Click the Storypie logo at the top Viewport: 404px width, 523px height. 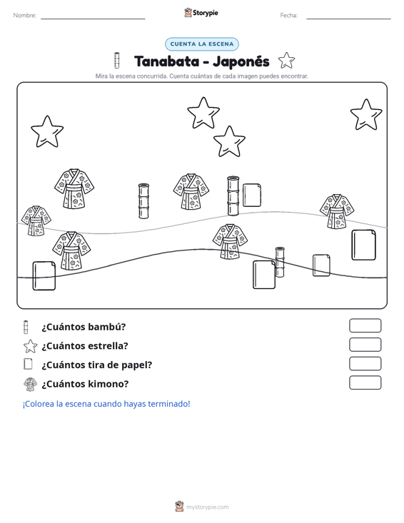[201, 13]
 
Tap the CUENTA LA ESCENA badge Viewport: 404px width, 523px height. [202, 44]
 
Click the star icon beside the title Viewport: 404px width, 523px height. [286, 61]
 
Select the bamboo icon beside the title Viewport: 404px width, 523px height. [117, 61]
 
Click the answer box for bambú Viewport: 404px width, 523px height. [365, 325]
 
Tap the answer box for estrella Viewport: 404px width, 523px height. [365, 345]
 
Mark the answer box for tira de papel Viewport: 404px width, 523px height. [365, 364]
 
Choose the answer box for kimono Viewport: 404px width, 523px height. [365, 382]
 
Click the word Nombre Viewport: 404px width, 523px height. [25, 16]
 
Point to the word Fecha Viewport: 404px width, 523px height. [289, 16]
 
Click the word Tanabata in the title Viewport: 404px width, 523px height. [166, 61]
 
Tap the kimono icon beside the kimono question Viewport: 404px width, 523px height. [31, 384]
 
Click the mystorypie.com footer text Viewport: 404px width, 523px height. [207, 507]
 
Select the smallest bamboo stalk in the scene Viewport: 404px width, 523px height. [280, 262]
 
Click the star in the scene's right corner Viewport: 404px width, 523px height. [366, 115]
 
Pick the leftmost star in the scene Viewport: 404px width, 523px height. [47, 132]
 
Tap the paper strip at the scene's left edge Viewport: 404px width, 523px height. [44, 276]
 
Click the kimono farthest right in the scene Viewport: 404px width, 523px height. [337, 211]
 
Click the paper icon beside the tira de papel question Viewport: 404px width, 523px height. [28, 364]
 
